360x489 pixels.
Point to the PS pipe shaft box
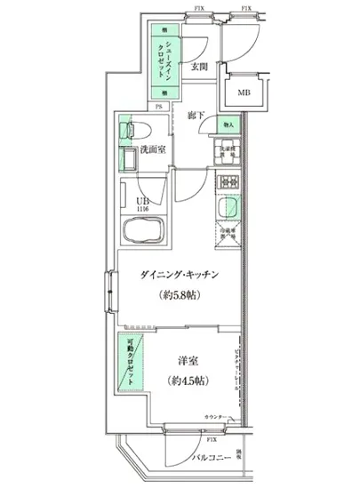pyautogui.click(x=159, y=109)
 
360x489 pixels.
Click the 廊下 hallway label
pyautogui.click(x=196, y=115)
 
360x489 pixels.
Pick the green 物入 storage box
pyautogui.click(x=228, y=126)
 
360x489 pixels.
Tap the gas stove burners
pyautogui.click(x=229, y=183)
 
